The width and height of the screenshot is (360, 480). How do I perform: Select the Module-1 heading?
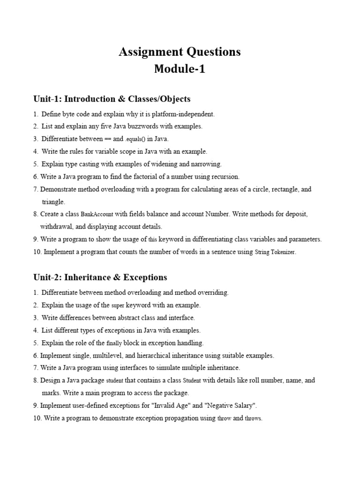coord(180,69)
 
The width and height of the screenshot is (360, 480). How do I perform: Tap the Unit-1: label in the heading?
coord(47,99)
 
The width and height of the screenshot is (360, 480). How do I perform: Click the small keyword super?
coord(117,305)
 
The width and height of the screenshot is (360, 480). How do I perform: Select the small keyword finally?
coord(114,343)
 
